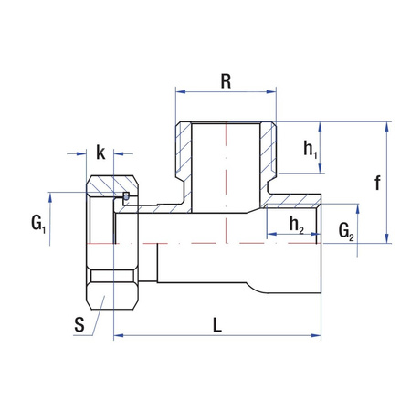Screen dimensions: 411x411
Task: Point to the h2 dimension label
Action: pos(296,224)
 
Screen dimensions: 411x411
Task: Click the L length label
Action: pos(216,324)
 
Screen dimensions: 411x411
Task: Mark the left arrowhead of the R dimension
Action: pos(179,91)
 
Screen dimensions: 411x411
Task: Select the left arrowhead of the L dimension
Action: pos(117,337)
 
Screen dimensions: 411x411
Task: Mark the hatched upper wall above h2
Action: pos(292,202)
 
